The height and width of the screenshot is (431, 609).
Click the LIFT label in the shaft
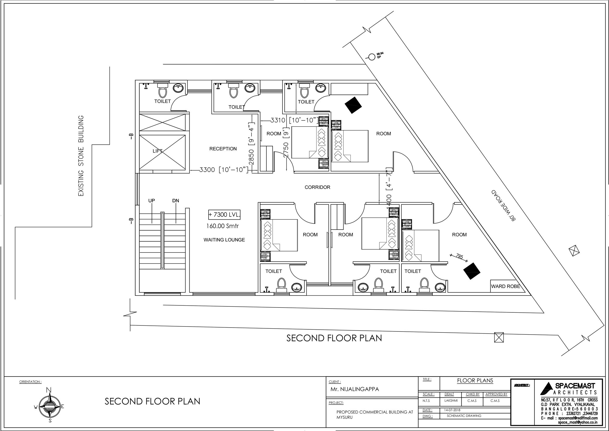click(x=158, y=151)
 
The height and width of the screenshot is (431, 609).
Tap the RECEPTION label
click(x=223, y=149)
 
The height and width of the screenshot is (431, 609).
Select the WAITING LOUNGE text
click(x=224, y=240)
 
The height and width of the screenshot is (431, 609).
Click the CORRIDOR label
click(x=317, y=187)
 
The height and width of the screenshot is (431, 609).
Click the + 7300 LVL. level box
click(x=224, y=215)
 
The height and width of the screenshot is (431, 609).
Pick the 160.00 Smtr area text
click(x=223, y=226)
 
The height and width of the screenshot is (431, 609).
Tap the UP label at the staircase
click(x=152, y=201)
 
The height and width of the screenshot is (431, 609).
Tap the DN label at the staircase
click(x=175, y=201)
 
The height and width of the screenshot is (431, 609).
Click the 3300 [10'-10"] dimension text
click(x=224, y=170)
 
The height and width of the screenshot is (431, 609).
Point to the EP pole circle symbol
click(x=372, y=57)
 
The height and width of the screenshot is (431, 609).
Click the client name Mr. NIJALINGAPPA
click(x=355, y=389)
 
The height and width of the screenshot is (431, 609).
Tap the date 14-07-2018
click(x=452, y=410)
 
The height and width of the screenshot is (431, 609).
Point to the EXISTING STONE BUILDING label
click(x=81, y=156)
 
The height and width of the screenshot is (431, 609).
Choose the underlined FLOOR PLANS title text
click(x=475, y=380)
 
